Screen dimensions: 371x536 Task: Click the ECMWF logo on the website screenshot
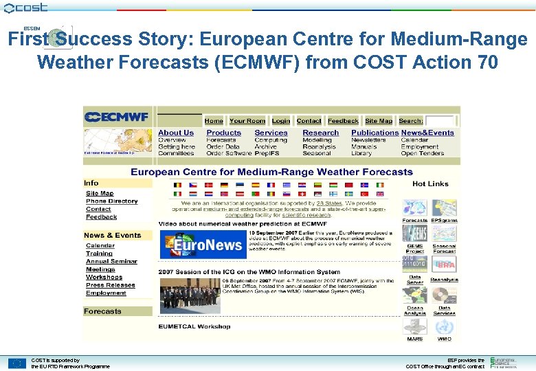click(117, 117)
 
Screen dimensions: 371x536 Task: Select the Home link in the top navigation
click(214, 121)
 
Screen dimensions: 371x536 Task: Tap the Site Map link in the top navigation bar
click(379, 121)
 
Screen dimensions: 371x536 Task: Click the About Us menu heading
click(176, 133)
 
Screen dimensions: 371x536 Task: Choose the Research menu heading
click(320, 133)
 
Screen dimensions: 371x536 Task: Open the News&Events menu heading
click(427, 133)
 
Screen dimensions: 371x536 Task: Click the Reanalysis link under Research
click(319, 146)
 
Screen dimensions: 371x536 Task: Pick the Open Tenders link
click(423, 153)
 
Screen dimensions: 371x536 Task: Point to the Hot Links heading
click(430, 183)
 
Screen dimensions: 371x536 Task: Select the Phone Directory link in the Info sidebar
click(111, 201)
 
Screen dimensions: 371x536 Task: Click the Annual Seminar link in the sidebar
click(111, 261)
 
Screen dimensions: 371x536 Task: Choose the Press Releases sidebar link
click(110, 285)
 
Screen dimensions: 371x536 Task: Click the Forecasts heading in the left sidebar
click(102, 311)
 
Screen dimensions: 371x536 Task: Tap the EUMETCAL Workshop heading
click(194, 326)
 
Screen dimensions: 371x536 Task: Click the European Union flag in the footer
click(16, 363)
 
